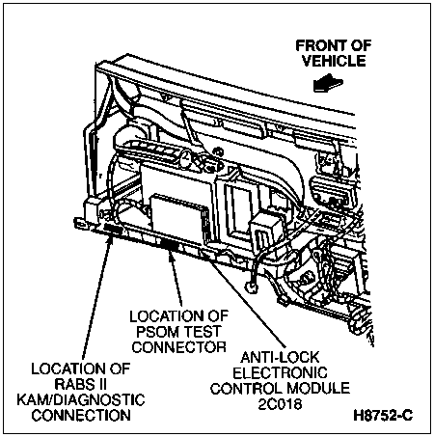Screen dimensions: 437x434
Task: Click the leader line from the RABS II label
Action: pyautogui.click(x=106, y=299)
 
